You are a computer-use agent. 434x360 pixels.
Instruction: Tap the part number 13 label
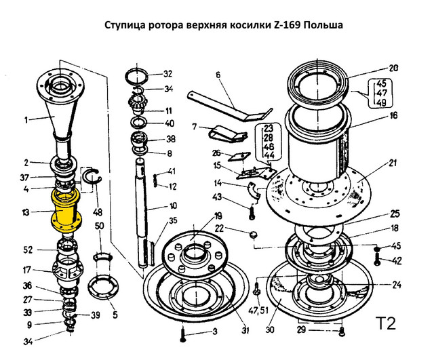tap(26, 212)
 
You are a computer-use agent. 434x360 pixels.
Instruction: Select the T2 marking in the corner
tap(386, 323)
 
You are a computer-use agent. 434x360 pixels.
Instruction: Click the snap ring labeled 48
tap(93, 180)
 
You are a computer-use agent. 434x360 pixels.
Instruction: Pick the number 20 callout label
tap(393, 68)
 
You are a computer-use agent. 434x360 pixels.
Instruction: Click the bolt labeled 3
tap(183, 335)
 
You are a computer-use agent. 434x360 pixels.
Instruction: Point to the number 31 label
tap(245, 330)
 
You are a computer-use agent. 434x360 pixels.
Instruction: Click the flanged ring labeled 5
tap(102, 287)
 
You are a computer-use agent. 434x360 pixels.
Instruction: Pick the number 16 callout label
tap(393, 115)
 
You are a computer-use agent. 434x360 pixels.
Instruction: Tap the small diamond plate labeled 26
tap(239, 157)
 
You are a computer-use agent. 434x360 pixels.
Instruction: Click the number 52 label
tap(28, 250)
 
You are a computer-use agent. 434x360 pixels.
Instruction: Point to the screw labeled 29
tap(342, 331)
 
